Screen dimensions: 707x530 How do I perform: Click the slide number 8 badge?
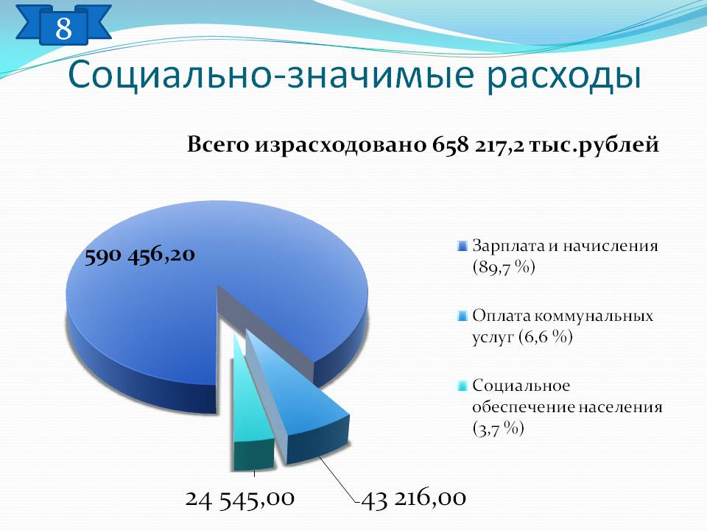click(63, 27)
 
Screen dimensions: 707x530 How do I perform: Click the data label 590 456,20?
click(140, 255)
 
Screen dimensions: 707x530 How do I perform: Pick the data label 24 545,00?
click(240, 499)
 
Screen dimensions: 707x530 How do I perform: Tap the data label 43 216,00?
click(413, 499)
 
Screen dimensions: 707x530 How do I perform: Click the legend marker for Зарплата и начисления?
click(462, 246)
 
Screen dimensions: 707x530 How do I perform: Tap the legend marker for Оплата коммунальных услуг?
click(462, 316)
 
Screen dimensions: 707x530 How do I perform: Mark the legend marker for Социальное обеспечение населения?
click(462, 386)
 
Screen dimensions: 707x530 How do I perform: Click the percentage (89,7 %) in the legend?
click(504, 267)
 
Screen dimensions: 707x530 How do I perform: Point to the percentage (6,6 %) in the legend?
click(545, 336)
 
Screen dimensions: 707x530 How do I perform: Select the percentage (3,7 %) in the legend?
click(499, 428)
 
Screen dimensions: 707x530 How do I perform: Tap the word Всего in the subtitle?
click(217, 145)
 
